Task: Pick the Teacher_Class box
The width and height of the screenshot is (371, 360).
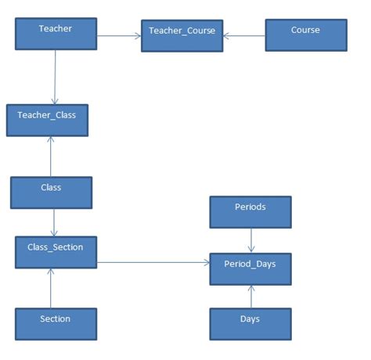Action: pyautogui.click(x=47, y=120)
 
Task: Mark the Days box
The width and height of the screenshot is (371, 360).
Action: pyautogui.click(x=250, y=323)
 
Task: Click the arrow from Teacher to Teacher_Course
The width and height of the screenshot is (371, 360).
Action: pyautogui.click(x=118, y=34)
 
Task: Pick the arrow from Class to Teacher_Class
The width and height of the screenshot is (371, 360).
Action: pyautogui.click(x=50, y=157)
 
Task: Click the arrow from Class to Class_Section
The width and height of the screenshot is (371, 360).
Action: pyautogui.click(x=52, y=222)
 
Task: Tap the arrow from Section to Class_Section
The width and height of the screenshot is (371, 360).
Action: pyautogui.click(x=51, y=287)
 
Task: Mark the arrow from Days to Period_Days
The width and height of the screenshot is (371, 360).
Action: pyautogui.click(x=250, y=297)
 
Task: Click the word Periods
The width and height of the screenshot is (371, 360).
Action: pyautogui.click(x=250, y=207)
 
